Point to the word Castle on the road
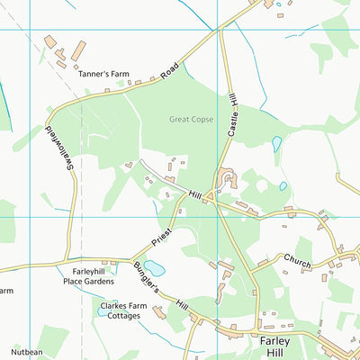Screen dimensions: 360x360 (x=234, y=130)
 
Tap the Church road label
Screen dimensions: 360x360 (x=297, y=260)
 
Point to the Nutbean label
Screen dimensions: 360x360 (x=27, y=352)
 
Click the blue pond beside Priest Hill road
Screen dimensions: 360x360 (x=155, y=268)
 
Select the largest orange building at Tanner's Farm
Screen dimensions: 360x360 (x=79, y=50)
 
